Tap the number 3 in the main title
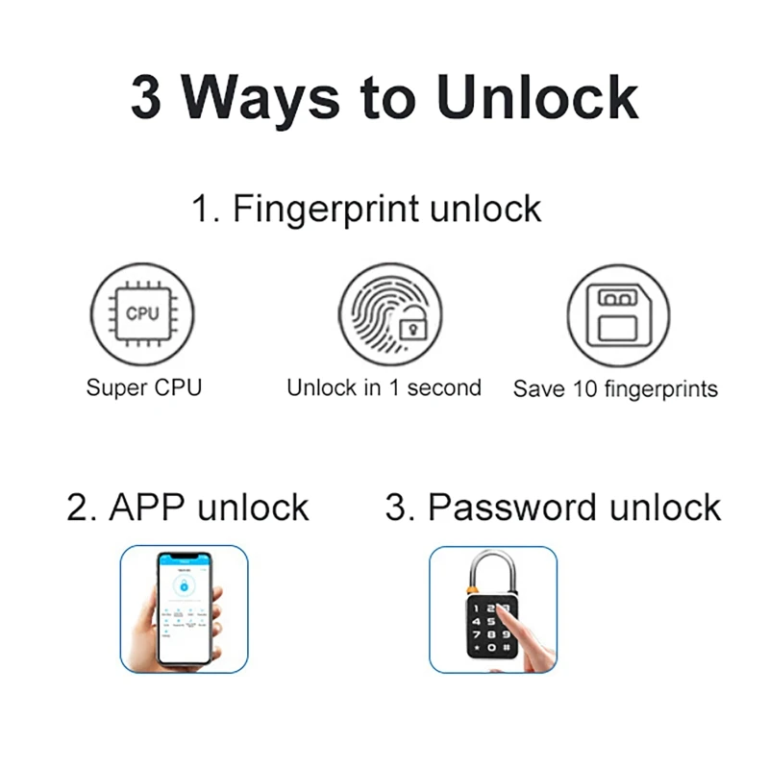146,96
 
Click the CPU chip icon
142,314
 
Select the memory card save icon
617,314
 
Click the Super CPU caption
144,388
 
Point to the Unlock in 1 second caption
384,388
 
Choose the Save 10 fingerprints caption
615,389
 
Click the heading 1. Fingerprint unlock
366,209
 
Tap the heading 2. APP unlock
188,507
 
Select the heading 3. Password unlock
553,507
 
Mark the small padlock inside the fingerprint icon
412,329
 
